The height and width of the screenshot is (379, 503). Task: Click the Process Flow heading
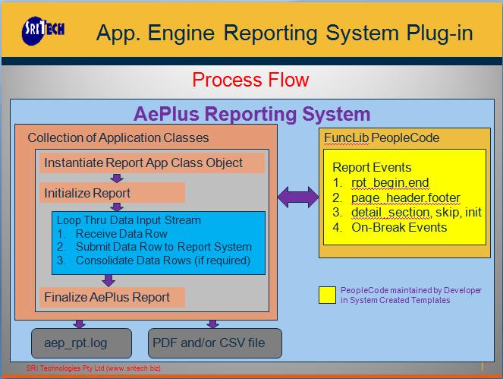(x=250, y=80)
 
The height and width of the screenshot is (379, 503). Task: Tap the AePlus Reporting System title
(x=252, y=115)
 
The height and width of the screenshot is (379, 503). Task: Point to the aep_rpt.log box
(x=81, y=343)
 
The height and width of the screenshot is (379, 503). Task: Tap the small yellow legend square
(x=328, y=295)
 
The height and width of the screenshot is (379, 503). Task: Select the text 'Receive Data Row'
(x=121, y=234)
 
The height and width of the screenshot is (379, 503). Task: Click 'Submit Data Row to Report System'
(x=163, y=247)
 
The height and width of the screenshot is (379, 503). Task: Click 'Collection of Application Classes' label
(x=118, y=137)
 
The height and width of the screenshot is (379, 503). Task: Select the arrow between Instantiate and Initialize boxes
(x=116, y=178)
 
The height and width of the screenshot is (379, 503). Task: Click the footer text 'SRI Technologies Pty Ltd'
(x=69, y=368)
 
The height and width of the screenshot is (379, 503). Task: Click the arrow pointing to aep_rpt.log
(x=80, y=323)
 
